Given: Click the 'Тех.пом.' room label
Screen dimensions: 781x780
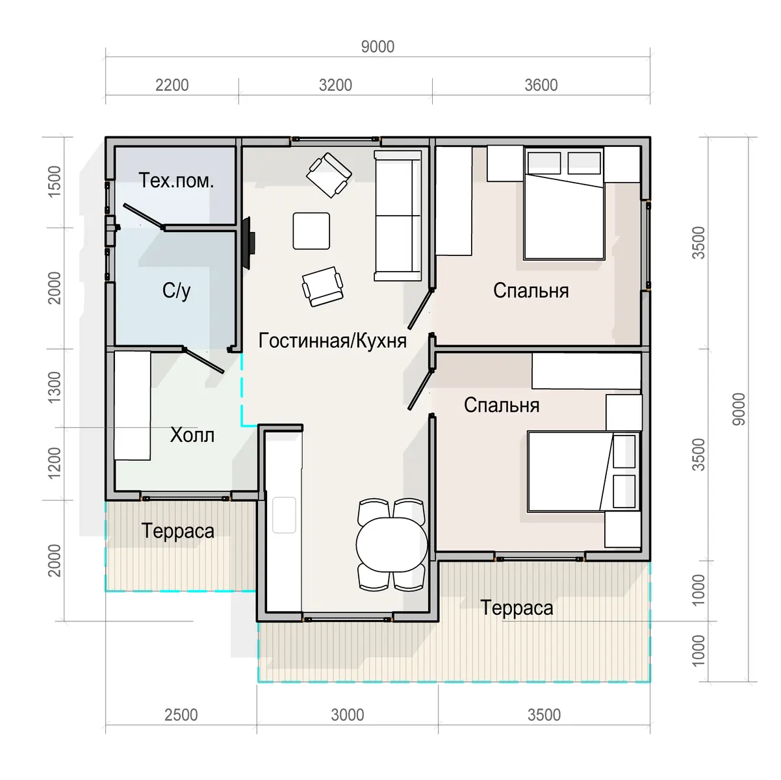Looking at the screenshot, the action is pos(176,181).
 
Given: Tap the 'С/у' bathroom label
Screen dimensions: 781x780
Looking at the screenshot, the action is pos(176,291).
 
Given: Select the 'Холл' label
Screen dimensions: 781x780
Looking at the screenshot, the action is pos(192,435).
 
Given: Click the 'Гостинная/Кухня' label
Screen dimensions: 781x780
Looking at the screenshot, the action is pos(332,341).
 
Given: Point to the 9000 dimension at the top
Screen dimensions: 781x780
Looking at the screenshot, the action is pos(378,47).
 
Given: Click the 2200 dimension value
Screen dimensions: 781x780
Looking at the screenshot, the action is pos(172,85).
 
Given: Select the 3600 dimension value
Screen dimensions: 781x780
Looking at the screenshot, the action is pos(541,85).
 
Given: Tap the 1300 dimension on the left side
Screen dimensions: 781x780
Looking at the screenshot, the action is pos(55,387).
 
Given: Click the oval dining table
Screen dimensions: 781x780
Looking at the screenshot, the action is pos(392,545).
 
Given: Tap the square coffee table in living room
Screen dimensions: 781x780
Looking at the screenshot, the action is pos(311,231).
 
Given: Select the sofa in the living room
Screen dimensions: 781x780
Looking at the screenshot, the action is pos(398,215).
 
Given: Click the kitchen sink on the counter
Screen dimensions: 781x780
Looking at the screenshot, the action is pos(284,515).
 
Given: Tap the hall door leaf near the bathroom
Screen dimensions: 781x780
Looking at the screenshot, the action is pos(203,360).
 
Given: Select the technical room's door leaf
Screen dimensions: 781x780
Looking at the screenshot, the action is pos(144,216).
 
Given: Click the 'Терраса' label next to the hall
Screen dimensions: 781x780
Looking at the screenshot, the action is pos(177,531).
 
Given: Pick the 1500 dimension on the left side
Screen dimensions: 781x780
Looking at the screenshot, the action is pos(55,182).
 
